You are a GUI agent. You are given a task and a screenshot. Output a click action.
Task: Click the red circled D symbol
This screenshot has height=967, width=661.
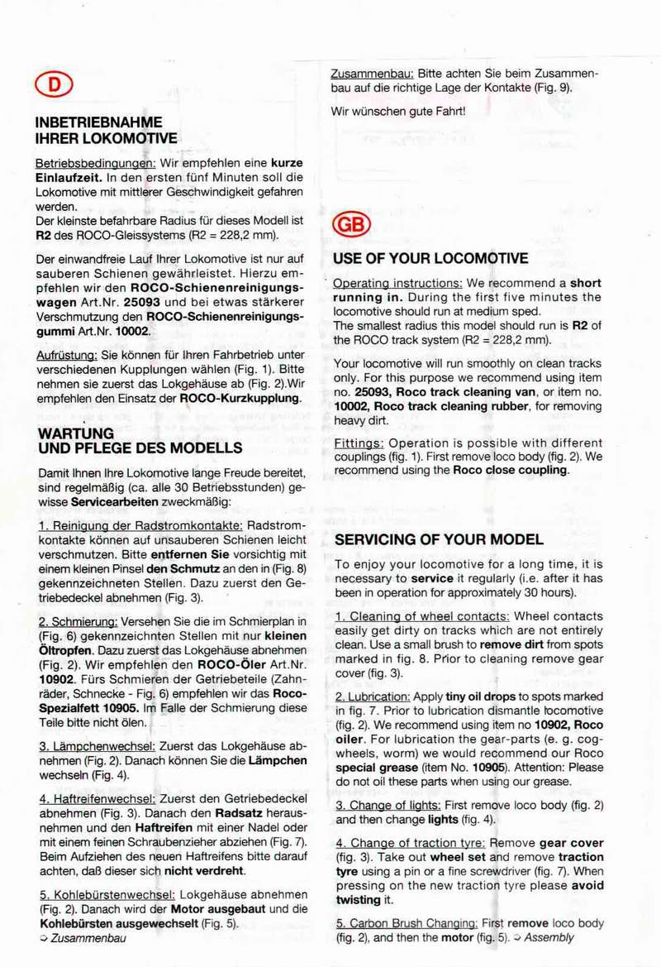tap(54, 84)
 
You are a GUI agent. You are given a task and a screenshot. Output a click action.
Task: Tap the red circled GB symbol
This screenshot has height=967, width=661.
tap(352, 224)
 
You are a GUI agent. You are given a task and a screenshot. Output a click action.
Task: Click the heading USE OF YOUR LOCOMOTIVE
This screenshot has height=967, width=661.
tap(431, 258)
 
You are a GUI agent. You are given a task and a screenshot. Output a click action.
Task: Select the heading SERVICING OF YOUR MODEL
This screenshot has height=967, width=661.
tap(439, 539)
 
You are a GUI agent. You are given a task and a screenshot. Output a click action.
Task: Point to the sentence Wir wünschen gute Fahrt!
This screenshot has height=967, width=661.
tap(398, 110)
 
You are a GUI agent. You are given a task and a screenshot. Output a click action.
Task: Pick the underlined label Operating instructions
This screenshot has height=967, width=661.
tap(397, 283)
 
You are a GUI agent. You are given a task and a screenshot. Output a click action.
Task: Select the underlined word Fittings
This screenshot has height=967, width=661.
tap(359, 443)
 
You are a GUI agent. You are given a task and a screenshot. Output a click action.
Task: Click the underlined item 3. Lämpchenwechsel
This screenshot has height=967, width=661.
tap(97, 745)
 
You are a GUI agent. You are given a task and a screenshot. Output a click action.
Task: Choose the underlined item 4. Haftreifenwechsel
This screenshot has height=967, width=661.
tap(97, 798)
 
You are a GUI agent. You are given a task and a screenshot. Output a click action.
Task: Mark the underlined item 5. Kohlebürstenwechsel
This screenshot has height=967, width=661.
tap(106, 894)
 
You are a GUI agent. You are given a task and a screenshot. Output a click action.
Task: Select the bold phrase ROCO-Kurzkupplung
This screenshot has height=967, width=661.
tap(240, 398)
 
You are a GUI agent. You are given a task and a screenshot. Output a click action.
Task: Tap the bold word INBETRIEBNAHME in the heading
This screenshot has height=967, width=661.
tap(98, 122)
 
